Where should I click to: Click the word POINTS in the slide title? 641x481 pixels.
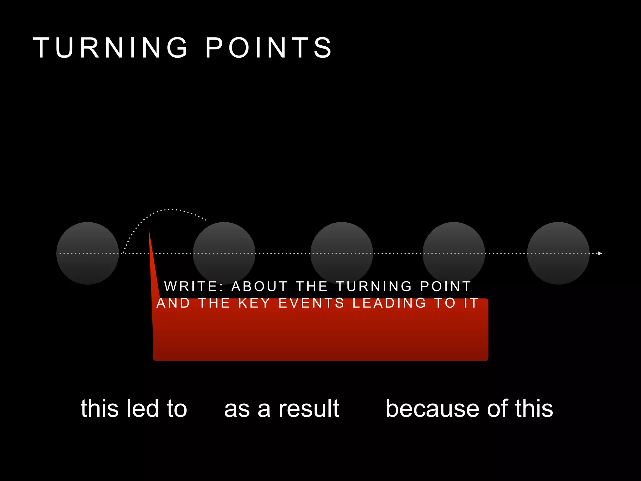269,48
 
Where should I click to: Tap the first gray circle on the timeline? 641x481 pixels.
88,253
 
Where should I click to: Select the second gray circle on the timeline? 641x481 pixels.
224,253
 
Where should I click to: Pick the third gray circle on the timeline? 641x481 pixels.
342,253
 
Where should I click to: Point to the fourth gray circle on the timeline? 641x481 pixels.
454,253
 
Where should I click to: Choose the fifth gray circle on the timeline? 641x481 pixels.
558,253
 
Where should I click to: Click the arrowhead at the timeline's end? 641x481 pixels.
600,253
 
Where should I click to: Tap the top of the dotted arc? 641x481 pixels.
169,209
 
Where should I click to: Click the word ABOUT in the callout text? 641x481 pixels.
259,287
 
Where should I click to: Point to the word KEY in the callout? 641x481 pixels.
254,303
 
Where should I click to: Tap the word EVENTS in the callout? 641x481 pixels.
311,303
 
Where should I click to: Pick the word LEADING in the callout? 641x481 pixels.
389,303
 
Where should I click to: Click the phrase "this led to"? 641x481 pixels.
134,408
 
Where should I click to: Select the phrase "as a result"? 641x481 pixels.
282,408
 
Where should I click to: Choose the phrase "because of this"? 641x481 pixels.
469,408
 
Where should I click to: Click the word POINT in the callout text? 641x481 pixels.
445,287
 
